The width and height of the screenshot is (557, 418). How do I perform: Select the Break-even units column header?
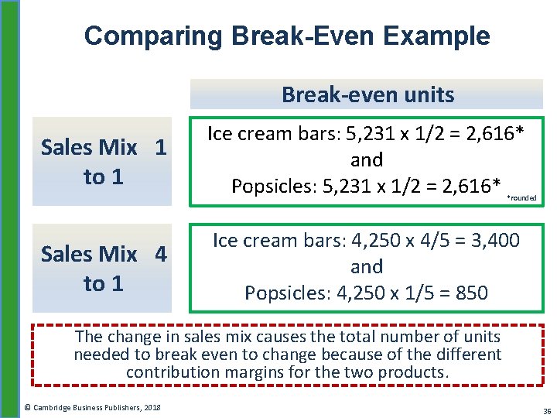pos(367,94)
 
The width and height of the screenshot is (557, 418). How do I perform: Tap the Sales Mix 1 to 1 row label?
pos(103,162)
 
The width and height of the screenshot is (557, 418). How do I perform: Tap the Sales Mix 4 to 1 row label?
pos(103,269)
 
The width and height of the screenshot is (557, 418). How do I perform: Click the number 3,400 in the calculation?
pos(492,241)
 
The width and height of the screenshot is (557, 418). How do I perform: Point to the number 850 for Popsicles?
pos(472,293)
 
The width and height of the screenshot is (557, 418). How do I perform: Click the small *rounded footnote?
pos(521,198)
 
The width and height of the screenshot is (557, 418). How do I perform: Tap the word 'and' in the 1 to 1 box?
pos(367,160)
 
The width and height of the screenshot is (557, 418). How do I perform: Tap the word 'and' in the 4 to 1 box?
pos(367,267)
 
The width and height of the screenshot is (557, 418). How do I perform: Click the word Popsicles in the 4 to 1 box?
pos(282,293)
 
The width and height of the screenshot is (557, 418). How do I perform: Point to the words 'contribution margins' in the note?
pos(204,372)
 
